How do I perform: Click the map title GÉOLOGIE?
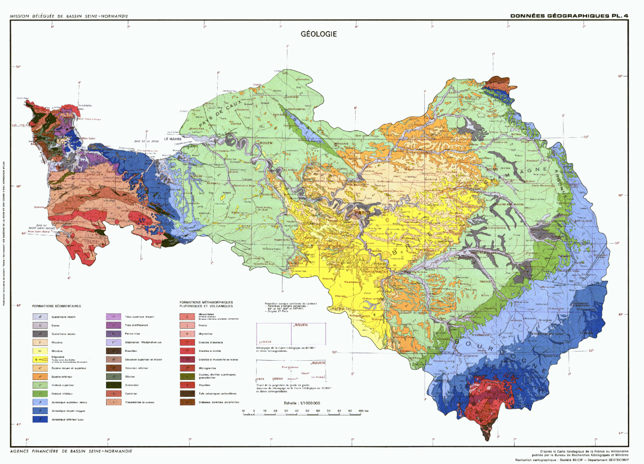pos(319,34)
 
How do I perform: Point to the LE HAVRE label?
pos(172,139)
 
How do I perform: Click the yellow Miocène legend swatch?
pos(40,351)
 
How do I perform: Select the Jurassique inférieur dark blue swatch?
pos(40,419)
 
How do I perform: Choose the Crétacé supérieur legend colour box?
pos(40,385)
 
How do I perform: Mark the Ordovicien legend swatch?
pos(114,385)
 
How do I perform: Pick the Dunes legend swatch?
pos(40,325)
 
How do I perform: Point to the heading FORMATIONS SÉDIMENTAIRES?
pos(56,306)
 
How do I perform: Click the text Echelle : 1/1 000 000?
pos(302,403)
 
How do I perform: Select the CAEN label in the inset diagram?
pos(260,379)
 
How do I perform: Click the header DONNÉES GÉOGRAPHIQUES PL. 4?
pos(569,16)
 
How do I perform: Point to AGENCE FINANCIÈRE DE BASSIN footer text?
pos(71,451)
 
